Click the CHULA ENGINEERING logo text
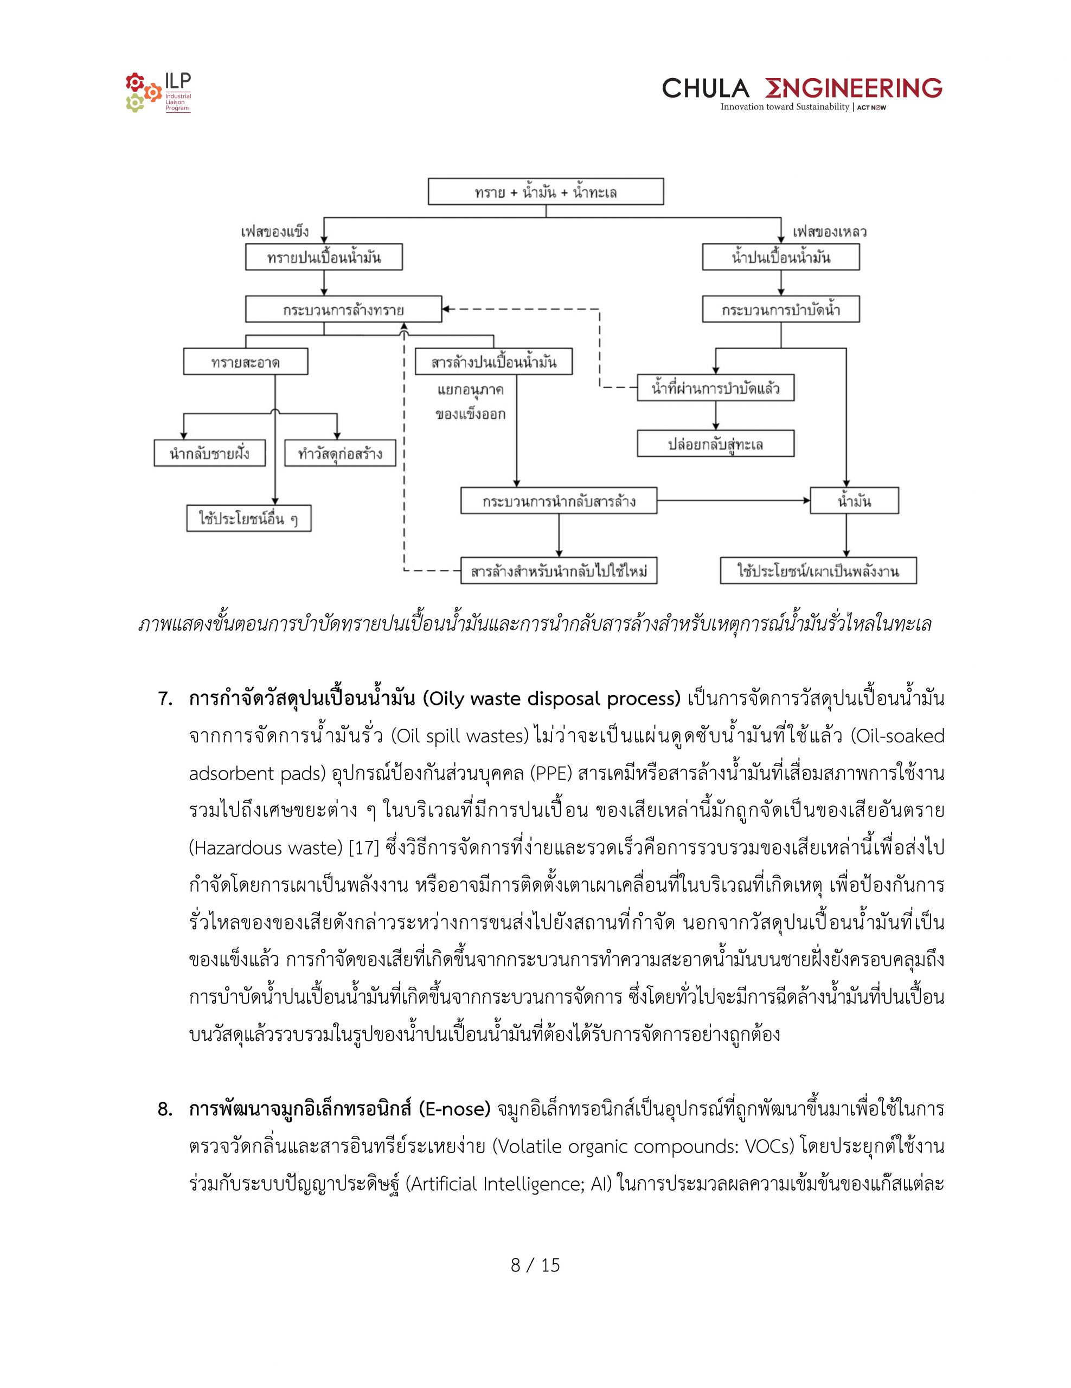[802, 88]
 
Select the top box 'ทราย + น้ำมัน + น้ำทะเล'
[546, 191]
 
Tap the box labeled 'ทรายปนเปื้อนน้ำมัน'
[324, 258]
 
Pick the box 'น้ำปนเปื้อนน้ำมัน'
[780, 258]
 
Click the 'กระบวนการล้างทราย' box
[343, 310]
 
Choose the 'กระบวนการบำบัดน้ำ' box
[780, 310]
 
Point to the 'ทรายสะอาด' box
[245, 362]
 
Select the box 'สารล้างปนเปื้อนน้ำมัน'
[493, 362]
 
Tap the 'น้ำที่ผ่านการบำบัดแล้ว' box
[716, 388]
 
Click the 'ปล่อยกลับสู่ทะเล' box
[716, 444]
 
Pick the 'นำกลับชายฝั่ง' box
[209, 454]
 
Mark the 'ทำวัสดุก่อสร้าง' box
[340, 454]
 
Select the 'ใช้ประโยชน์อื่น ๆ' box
[248, 518]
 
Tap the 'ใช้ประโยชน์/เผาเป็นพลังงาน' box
[818, 571]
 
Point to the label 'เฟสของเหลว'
[830, 232]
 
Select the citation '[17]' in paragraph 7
[363, 848]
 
